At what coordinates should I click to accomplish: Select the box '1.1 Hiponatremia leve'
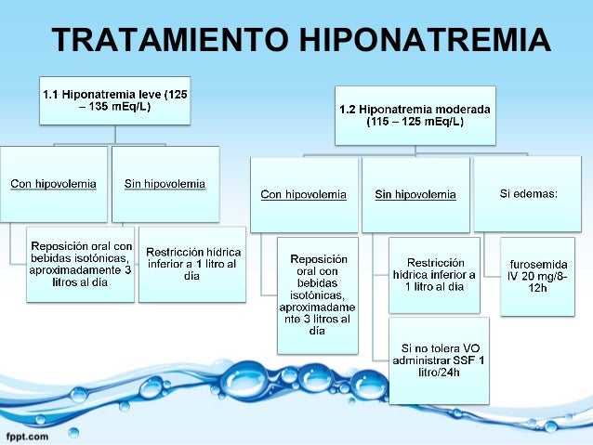tap(115, 99)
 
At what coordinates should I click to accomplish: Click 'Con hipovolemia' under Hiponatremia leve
tap(53, 184)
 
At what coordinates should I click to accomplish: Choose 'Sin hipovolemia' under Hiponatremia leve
tap(165, 184)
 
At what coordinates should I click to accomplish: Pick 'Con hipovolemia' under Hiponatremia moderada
tap(304, 195)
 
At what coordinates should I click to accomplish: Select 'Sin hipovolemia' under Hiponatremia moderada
tap(415, 195)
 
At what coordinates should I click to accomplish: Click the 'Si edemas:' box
tap(528, 194)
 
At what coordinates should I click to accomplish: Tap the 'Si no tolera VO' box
tap(438, 359)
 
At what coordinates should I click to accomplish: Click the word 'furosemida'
tap(538, 265)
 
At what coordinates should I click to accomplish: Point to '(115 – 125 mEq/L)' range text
tap(415, 122)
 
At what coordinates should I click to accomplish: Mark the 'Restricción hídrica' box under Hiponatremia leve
tap(192, 264)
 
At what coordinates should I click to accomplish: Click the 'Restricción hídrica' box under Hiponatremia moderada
tap(434, 274)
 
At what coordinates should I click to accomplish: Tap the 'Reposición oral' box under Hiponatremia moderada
tap(317, 294)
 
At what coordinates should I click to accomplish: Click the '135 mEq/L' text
tap(121, 107)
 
